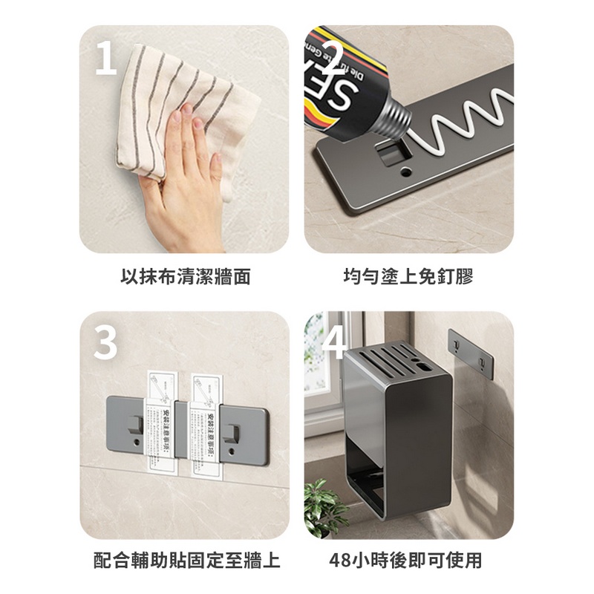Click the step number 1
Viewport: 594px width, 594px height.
click(105, 59)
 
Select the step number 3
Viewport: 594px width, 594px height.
click(105, 343)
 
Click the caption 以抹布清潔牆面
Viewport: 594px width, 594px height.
click(185, 277)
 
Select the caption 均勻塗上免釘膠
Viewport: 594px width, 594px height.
click(408, 277)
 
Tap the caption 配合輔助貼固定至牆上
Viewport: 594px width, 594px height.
click(186, 560)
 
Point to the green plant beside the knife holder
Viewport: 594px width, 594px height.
click(324, 505)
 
